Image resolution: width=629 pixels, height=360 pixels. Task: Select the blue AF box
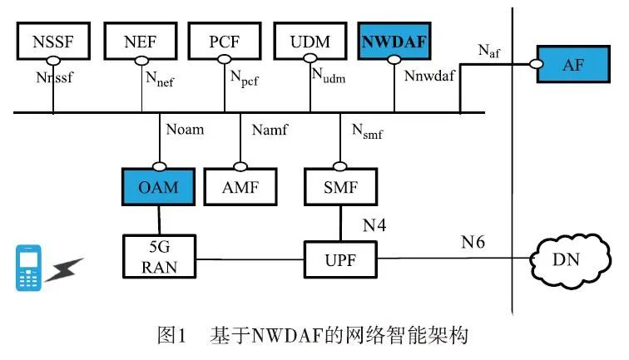click(x=573, y=65)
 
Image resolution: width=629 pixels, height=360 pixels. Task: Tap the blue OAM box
click(x=158, y=185)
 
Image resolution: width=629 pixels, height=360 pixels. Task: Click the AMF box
click(x=240, y=185)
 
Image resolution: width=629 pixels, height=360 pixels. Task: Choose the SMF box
click(x=339, y=185)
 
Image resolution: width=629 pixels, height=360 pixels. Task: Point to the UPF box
click(x=339, y=259)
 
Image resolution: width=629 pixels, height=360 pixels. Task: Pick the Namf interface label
click(x=268, y=131)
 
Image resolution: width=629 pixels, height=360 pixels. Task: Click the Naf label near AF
click(x=490, y=52)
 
